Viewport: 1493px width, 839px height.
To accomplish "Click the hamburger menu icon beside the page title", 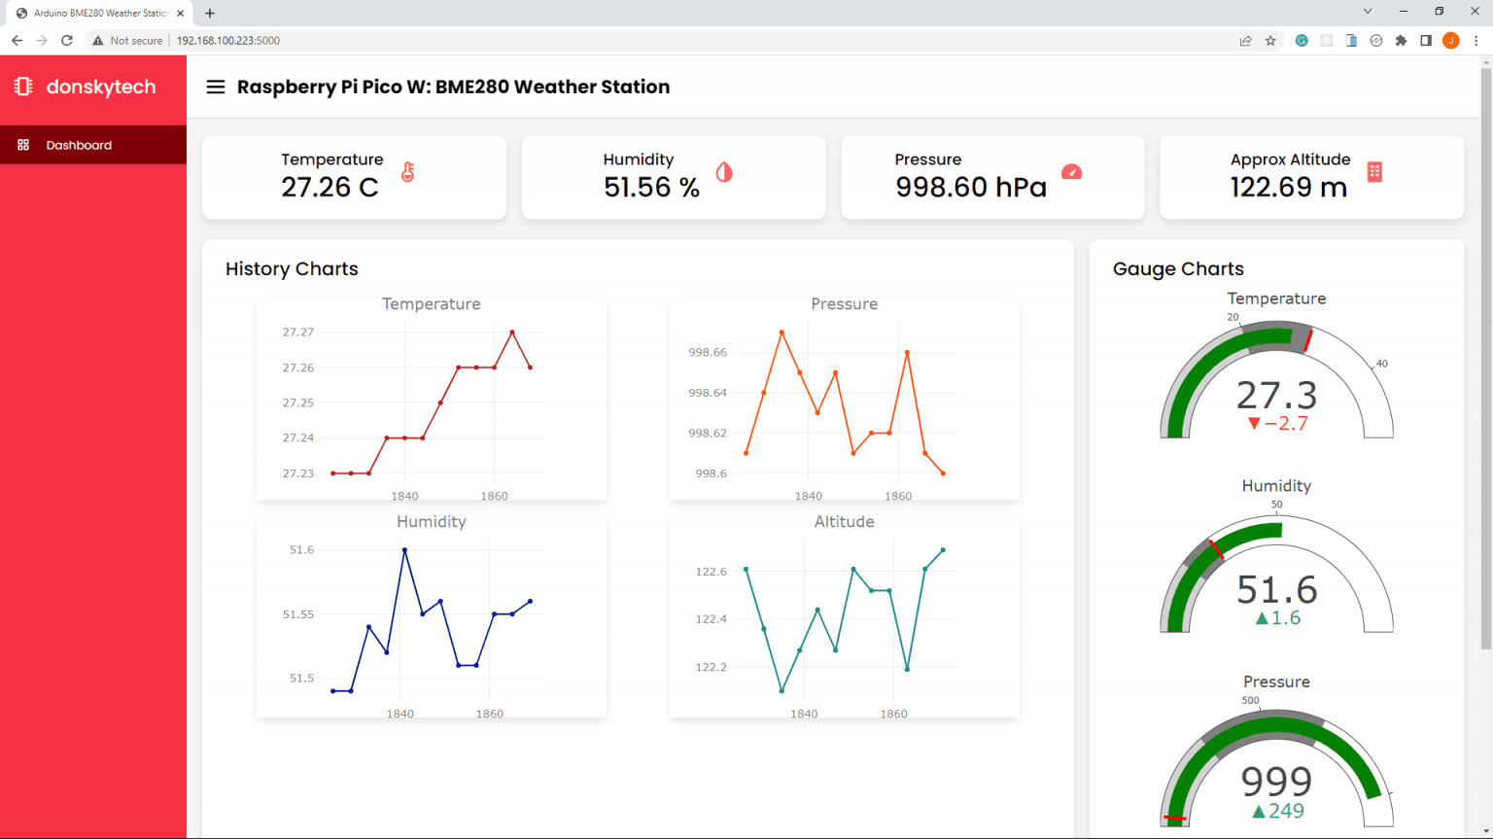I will point(216,87).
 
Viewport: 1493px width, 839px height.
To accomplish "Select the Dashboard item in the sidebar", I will point(79,145).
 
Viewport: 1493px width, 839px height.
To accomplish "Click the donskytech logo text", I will point(100,87).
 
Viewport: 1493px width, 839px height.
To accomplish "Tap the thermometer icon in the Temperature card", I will point(408,172).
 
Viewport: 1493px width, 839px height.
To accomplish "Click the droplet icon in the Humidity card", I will point(724,172).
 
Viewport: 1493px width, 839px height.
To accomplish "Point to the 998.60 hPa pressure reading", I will point(971,187).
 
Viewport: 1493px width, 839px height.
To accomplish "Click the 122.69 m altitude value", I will point(1289,187).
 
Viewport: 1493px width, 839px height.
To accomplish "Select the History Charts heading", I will point(292,269).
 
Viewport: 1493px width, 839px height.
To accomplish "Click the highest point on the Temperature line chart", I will point(512,332).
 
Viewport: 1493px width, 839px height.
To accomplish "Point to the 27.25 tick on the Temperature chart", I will point(298,402).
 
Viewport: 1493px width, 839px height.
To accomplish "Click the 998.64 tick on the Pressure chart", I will point(707,393).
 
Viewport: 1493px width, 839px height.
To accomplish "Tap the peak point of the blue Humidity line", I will point(404,550).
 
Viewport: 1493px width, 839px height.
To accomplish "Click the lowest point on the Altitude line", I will point(781,691).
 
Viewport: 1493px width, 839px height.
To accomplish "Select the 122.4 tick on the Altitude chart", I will point(711,619).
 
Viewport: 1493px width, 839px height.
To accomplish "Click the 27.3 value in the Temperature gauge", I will point(1276,396).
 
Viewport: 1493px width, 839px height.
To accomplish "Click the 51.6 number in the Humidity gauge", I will point(1276,590).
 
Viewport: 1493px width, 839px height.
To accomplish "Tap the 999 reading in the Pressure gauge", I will point(1276,781).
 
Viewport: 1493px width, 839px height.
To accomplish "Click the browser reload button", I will point(67,41).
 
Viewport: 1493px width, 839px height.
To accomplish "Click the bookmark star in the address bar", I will point(1270,41).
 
